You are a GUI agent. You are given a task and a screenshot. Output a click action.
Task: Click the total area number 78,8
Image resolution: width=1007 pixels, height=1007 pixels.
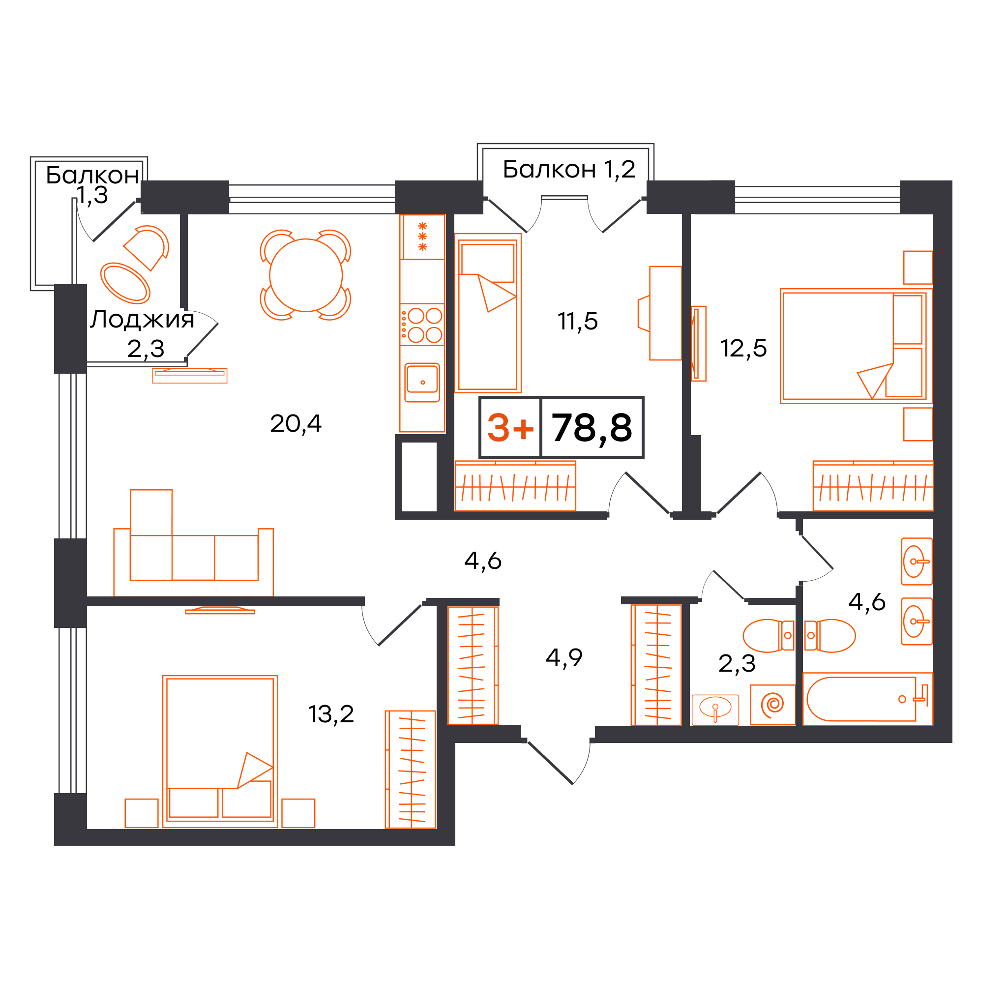[592, 428]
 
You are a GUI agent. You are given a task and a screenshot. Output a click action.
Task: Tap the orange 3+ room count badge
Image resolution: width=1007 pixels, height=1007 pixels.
[510, 428]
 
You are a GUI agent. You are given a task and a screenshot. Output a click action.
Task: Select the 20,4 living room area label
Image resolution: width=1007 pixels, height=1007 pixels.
[296, 423]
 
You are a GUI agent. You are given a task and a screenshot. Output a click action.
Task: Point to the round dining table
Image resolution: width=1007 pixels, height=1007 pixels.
[306, 275]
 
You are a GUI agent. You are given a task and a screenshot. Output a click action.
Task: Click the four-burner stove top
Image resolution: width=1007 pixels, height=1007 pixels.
[422, 324]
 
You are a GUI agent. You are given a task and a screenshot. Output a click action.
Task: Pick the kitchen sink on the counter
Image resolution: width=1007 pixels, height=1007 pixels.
[422, 383]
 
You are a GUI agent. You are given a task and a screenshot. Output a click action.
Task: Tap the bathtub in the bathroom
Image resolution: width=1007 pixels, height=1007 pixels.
[867, 699]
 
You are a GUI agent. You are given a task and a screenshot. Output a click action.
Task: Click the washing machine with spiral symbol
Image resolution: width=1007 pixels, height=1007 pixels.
[772, 705]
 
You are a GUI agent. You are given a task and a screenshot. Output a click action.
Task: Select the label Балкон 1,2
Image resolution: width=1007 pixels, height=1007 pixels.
[569, 169]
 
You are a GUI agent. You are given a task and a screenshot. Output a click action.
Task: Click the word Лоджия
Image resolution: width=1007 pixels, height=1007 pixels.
[142, 319]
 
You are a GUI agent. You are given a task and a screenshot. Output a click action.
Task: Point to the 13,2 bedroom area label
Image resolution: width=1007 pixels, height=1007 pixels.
[331, 713]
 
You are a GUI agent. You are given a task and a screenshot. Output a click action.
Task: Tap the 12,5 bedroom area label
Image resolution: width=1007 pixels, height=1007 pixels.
[743, 348]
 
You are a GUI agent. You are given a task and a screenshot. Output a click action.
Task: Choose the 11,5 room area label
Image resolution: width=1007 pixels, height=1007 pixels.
[578, 321]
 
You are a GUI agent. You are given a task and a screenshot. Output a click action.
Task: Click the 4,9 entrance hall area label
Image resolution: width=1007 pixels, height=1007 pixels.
[564, 657]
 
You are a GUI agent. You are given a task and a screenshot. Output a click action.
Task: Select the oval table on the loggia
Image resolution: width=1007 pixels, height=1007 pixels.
[125, 283]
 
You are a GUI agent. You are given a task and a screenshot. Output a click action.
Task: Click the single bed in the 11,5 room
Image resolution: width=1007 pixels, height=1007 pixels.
[488, 313]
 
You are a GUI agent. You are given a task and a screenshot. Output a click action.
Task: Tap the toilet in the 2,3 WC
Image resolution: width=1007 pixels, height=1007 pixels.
[769, 635]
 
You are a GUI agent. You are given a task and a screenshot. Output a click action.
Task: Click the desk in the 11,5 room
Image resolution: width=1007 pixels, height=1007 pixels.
[665, 313]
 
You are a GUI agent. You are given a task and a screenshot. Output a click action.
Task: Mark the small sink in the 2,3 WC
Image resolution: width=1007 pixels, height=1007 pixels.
[715, 710]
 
